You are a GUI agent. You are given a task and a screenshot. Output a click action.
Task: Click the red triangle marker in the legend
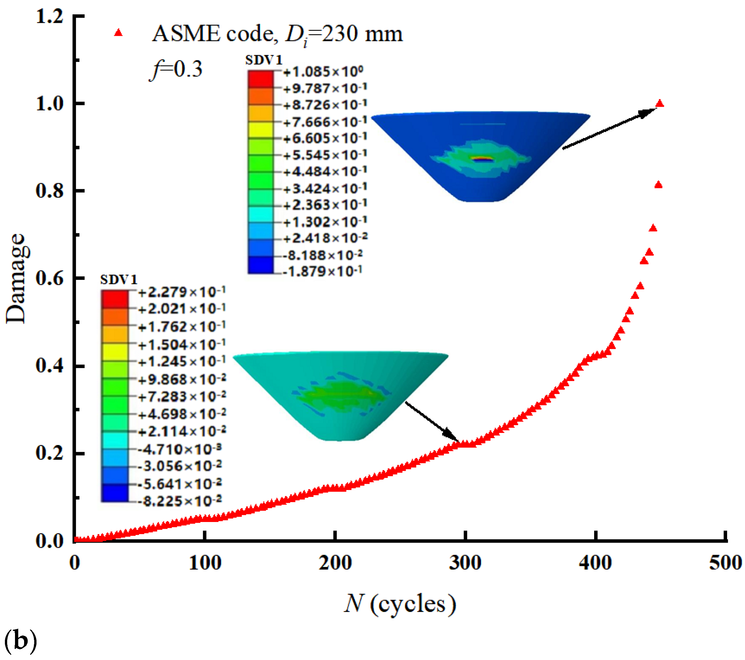(118, 33)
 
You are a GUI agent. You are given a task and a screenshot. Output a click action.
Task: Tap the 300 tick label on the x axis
(465, 563)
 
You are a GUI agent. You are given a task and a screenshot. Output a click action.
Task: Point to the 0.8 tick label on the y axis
(50, 191)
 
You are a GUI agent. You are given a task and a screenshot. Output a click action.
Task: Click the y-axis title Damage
(16, 278)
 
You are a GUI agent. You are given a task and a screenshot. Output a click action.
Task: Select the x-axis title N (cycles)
(400, 604)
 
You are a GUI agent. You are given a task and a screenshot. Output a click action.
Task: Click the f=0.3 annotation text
(176, 69)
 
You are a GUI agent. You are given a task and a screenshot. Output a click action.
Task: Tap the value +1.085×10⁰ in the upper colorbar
(323, 72)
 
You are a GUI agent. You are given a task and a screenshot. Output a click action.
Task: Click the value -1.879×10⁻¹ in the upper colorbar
(322, 271)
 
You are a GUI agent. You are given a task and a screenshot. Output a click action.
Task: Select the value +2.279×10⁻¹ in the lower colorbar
(182, 292)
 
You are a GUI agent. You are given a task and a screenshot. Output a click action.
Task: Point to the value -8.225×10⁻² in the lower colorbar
(180, 501)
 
